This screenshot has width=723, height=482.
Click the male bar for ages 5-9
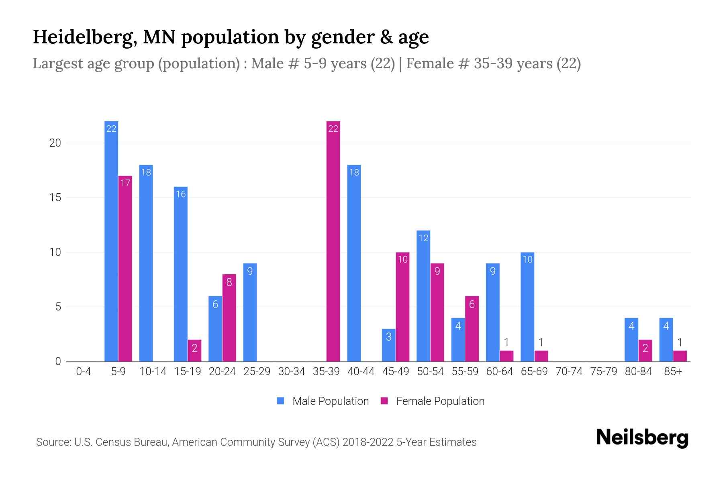click(111, 241)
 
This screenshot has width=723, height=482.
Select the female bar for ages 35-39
click(333, 241)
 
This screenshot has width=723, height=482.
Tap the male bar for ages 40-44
click(354, 263)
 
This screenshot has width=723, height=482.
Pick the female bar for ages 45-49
click(402, 307)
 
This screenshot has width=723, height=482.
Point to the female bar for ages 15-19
click(194, 351)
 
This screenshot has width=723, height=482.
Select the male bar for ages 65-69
click(527, 307)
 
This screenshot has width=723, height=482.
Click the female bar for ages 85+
click(680, 356)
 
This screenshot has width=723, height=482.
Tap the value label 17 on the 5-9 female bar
click(125, 183)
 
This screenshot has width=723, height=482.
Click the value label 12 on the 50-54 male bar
click(423, 238)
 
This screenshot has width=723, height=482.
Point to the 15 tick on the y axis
click(55, 198)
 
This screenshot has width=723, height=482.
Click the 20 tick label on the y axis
click(55, 143)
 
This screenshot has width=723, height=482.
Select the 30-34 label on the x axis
click(292, 372)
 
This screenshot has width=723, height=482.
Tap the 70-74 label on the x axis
click(569, 372)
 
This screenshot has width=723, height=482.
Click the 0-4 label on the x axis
click(84, 372)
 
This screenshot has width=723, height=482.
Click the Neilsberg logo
click(642, 438)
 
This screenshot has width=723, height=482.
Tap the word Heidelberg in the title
click(84, 37)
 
